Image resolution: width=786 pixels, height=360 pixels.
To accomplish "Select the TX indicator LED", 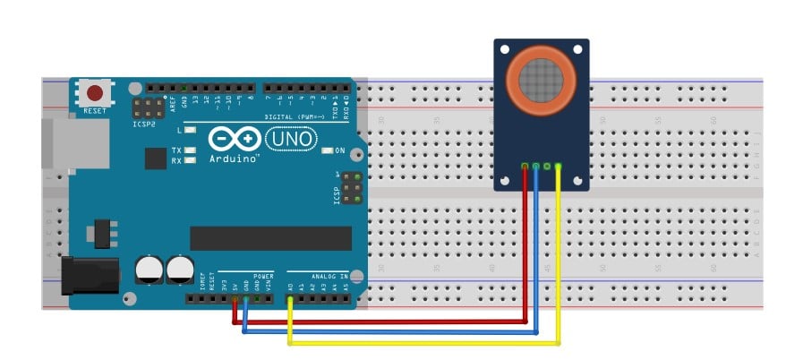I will click(x=191, y=150).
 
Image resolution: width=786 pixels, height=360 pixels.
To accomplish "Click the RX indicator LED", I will click(x=191, y=160).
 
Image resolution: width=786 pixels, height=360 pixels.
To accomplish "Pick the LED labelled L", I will click(x=191, y=130).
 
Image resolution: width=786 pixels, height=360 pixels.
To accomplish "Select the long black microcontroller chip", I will click(x=270, y=238).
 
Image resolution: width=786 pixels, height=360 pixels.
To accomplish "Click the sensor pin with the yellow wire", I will click(x=558, y=166).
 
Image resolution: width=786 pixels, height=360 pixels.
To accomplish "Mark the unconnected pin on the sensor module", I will click(x=547, y=166).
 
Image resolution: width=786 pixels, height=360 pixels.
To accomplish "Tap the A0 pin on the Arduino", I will click(x=290, y=296).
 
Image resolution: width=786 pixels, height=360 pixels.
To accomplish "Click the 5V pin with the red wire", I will click(x=235, y=296).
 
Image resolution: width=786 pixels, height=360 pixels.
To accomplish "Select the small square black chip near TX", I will click(x=156, y=158).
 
